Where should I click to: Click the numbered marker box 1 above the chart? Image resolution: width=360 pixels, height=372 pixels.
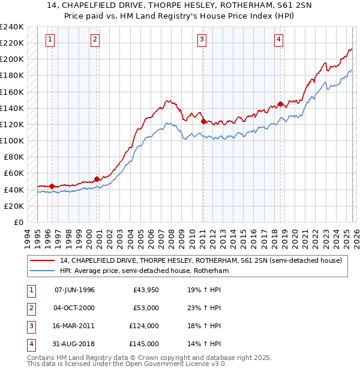[49, 40]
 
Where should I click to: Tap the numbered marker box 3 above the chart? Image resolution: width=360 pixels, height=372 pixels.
[202, 40]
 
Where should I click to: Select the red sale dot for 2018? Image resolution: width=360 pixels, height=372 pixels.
[280, 104]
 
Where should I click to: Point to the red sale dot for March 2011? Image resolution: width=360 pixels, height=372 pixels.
[203, 121]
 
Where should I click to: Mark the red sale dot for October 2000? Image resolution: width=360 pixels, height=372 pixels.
[97, 179]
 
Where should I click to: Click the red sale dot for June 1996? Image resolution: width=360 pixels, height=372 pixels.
[52, 186]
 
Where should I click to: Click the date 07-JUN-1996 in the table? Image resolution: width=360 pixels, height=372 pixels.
[74, 290]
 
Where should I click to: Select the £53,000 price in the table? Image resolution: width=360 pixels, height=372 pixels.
[146, 308]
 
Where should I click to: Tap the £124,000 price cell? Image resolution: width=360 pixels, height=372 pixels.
[145, 326]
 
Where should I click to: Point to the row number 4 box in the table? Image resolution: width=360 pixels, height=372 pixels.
[29, 344]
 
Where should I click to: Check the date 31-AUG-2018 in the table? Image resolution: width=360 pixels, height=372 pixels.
[74, 344]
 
